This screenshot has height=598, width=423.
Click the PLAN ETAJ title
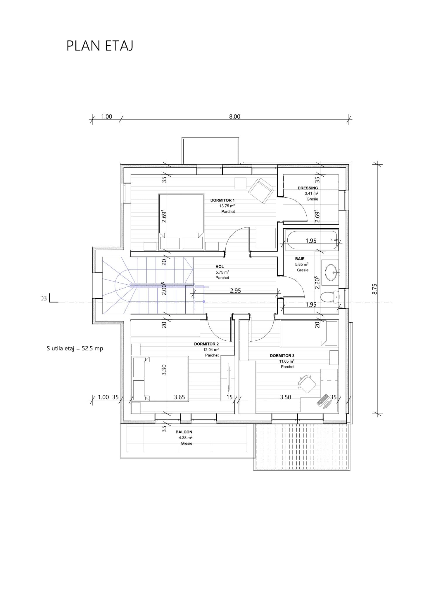pyautogui.click(x=100, y=46)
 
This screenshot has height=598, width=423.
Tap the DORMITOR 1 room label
pyautogui.click(x=222, y=200)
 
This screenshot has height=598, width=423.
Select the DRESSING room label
pyautogui.click(x=308, y=188)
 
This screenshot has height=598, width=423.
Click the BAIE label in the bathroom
pyautogui.click(x=300, y=259)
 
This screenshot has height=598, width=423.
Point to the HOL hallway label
pyautogui.click(x=220, y=267)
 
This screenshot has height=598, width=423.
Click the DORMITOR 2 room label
pyautogui.click(x=206, y=344)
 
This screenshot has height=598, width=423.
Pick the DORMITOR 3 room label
pyautogui.click(x=282, y=356)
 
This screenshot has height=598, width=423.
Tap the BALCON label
pyautogui.click(x=184, y=432)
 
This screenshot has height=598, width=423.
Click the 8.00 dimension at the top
pyautogui.click(x=234, y=117)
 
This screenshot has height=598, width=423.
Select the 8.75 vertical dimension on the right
pyautogui.click(x=375, y=289)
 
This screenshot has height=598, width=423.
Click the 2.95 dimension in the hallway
pyautogui.click(x=235, y=291)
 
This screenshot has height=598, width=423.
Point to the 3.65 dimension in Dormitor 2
pyautogui.click(x=179, y=397)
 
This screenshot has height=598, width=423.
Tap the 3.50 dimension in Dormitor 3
pyautogui.click(x=286, y=397)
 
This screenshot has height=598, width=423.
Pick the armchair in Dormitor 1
pyautogui.click(x=261, y=191)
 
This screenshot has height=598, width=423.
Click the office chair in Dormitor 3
pyautogui.click(x=307, y=384)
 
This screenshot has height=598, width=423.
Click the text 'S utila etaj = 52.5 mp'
pyautogui.click(x=75, y=348)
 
